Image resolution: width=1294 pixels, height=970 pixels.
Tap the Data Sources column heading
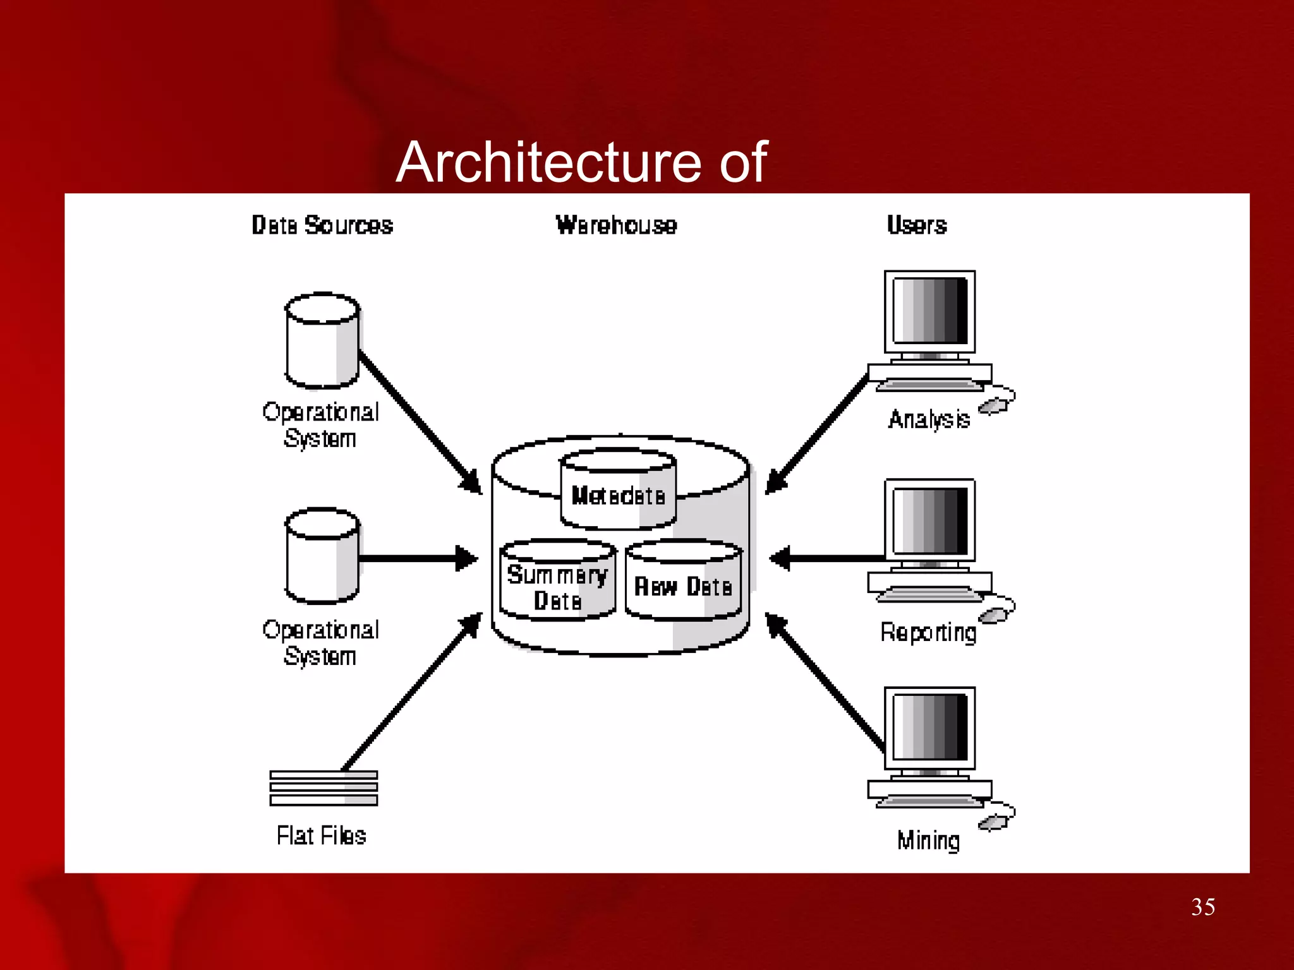pos(322,225)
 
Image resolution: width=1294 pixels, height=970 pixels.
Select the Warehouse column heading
pos(616,225)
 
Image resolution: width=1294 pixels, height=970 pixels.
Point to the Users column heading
pos(916,225)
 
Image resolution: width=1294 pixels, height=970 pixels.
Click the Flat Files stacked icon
pos(323,787)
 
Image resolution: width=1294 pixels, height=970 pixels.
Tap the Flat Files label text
pos(321,835)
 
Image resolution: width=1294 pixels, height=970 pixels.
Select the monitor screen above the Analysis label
pos(929,311)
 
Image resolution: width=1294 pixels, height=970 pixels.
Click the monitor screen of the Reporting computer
pos(929,520)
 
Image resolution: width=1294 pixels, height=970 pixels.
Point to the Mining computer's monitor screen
pos(929,727)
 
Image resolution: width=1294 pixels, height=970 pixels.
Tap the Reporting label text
pos(928,632)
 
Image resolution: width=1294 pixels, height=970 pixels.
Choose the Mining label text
pos(928,841)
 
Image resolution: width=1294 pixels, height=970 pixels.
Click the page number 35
pos(1202,907)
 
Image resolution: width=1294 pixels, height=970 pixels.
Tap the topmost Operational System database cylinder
pos(322,341)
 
